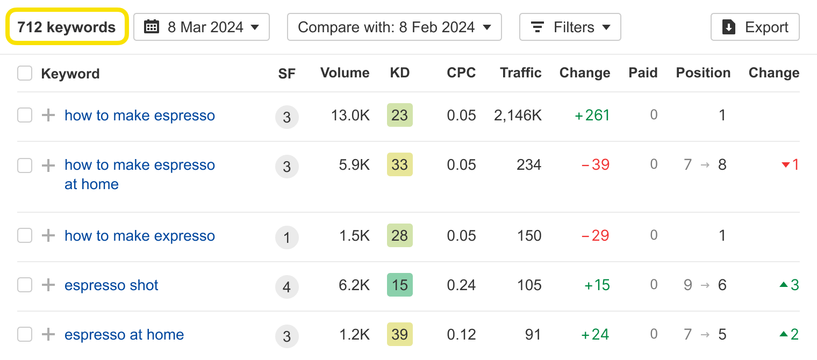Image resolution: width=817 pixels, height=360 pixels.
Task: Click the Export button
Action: pyautogui.click(x=755, y=27)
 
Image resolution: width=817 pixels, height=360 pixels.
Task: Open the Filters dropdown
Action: pyautogui.click(x=570, y=27)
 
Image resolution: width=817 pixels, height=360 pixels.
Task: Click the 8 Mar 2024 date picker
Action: pyautogui.click(x=202, y=27)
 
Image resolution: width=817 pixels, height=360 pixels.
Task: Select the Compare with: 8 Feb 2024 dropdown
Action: pyautogui.click(x=394, y=27)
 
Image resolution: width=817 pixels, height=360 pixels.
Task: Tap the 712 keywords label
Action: pyautogui.click(x=67, y=27)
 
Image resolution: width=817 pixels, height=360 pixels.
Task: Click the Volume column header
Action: pyautogui.click(x=345, y=73)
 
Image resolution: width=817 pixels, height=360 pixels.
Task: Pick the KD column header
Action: pyautogui.click(x=399, y=73)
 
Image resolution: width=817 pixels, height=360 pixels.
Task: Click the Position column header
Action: pyautogui.click(x=703, y=73)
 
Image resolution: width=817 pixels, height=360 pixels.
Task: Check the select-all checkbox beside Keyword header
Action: pyautogui.click(x=25, y=73)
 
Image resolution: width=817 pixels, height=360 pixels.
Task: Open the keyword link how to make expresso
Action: pyautogui.click(x=140, y=236)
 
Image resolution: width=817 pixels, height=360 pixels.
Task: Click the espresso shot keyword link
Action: pyautogui.click(x=111, y=285)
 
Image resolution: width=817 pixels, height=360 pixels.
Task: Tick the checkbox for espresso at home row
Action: pyautogui.click(x=25, y=335)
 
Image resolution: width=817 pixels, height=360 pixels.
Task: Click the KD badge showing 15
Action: pyautogui.click(x=399, y=285)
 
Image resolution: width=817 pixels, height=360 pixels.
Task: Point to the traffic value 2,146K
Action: pyautogui.click(x=518, y=116)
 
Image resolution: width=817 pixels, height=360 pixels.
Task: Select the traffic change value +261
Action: pyautogui.click(x=592, y=116)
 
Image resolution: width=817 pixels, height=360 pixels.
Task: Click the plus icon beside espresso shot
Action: pyautogui.click(x=48, y=285)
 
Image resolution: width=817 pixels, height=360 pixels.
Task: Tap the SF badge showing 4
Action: pyautogui.click(x=286, y=286)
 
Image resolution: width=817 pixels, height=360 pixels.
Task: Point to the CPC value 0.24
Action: pyautogui.click(x=461, y=285)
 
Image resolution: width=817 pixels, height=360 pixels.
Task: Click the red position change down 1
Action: pyautogui.click(x=790, y=165)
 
